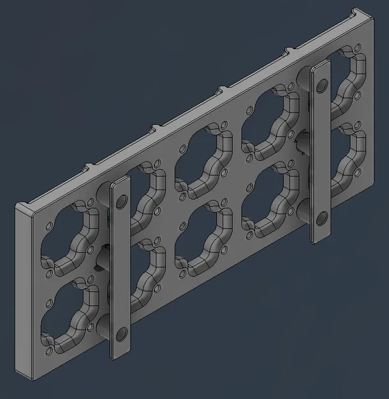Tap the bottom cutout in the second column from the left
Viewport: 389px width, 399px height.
tap(142, 271)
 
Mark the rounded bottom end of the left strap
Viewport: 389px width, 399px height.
tap(121, 351)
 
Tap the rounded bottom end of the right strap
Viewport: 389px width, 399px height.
tap(321, 236)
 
